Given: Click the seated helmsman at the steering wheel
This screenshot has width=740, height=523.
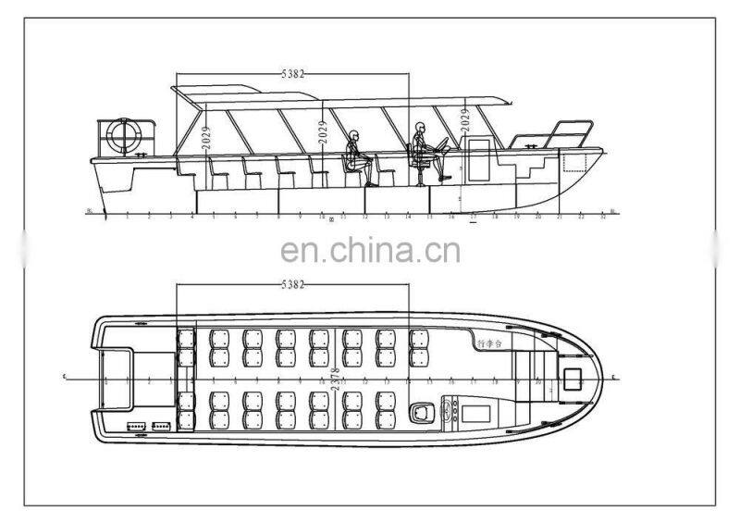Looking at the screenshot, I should (x=423, y=148).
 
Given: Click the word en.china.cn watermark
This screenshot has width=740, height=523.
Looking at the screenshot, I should (x=370, y=249).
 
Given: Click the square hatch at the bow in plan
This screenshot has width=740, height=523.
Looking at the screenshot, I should (x=570, y=377).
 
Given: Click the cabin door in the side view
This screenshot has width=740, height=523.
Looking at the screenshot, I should (x=480, y=158).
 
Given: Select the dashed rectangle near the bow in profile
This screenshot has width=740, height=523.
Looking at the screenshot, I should (x=575, y=164).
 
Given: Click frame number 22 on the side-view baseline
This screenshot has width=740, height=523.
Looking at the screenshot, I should (x=582, y=218).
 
